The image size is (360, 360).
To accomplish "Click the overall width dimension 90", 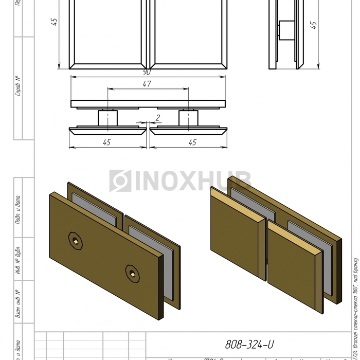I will click(x=148, y=73).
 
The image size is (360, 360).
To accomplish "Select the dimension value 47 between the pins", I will click(x=147, y=84).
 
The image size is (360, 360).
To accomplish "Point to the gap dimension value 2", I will click(x=158, y=118).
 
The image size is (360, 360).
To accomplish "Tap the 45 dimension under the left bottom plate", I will click(x=106, y=142).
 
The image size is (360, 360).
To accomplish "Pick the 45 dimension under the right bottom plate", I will click(x=192, y=142).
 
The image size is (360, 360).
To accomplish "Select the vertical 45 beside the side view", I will click(x=314, y=25).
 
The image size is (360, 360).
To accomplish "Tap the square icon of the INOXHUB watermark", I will click(x=120, y=181).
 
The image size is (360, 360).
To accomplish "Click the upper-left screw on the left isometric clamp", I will click(x=75, y=240).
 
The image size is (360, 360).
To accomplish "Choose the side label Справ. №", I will click(x=18, y=86).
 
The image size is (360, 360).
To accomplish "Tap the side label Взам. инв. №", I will click(x=18, y=303).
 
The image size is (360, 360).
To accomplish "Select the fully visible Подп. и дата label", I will click(x=18, y=210).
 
